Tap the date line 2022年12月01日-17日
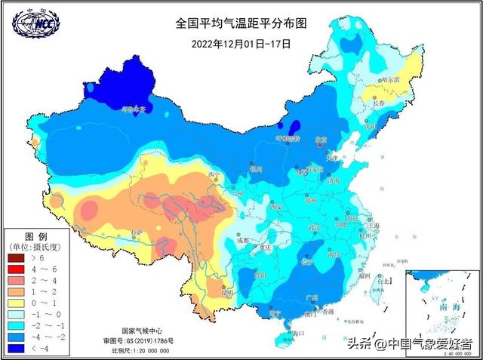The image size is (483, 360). (241, 42)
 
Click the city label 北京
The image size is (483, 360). (321, 139)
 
